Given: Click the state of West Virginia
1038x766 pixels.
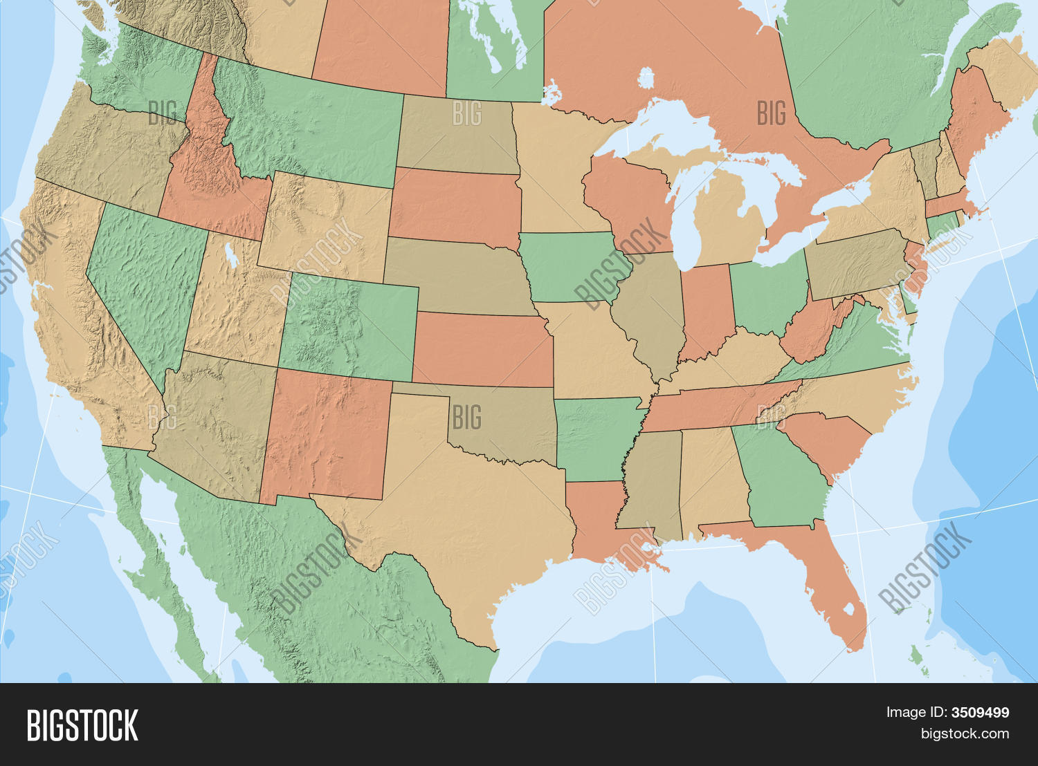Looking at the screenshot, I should [810, 332].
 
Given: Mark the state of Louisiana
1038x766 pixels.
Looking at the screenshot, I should [595, 519].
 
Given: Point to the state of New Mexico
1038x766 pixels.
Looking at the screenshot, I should [325, 436].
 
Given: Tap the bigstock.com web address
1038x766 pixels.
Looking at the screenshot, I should [965, 734].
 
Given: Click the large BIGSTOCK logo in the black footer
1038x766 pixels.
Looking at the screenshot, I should [82, 725].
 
